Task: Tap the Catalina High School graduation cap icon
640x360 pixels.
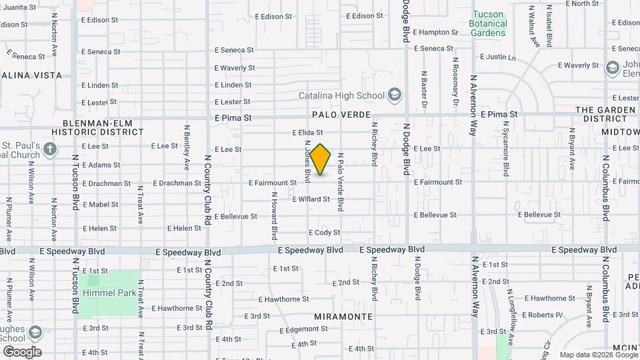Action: point(395,95)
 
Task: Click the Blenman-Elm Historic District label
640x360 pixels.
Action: point(103,127)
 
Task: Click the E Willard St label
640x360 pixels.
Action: point(311,199)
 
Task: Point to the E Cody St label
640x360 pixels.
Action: point(325,233)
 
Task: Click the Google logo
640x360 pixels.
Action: point(22,351)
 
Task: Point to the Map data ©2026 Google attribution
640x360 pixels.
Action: point(598,355)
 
